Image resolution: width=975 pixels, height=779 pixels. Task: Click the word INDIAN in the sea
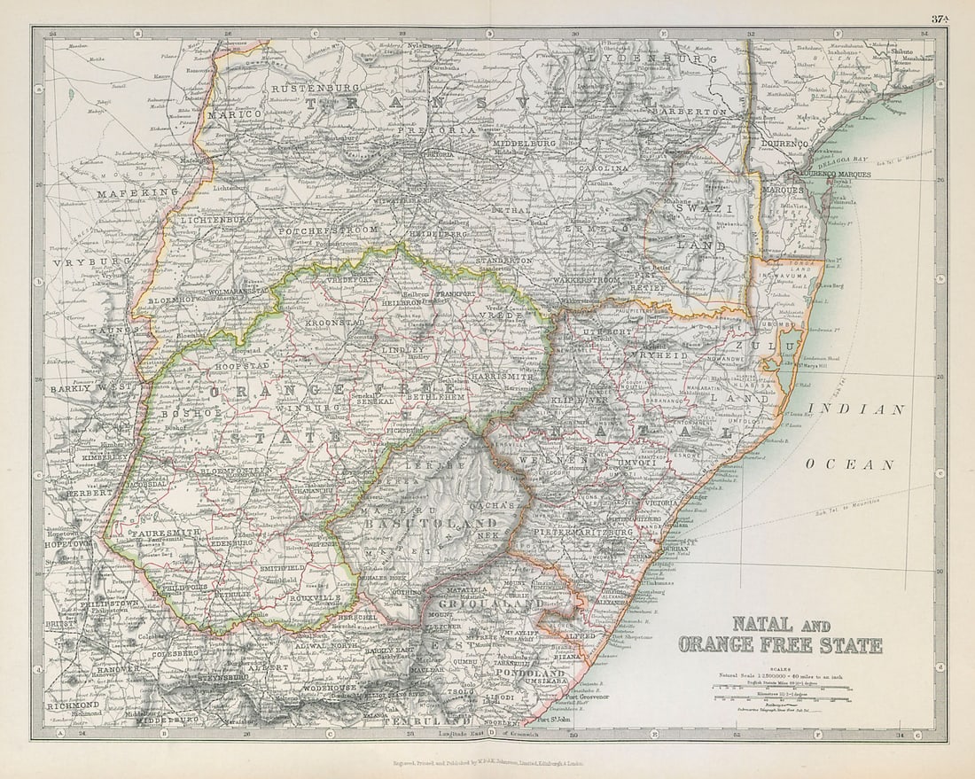pyautogui.click(x=857, y=409)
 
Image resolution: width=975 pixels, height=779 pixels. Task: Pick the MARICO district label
pyautogui.click(x=235, y=114)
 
